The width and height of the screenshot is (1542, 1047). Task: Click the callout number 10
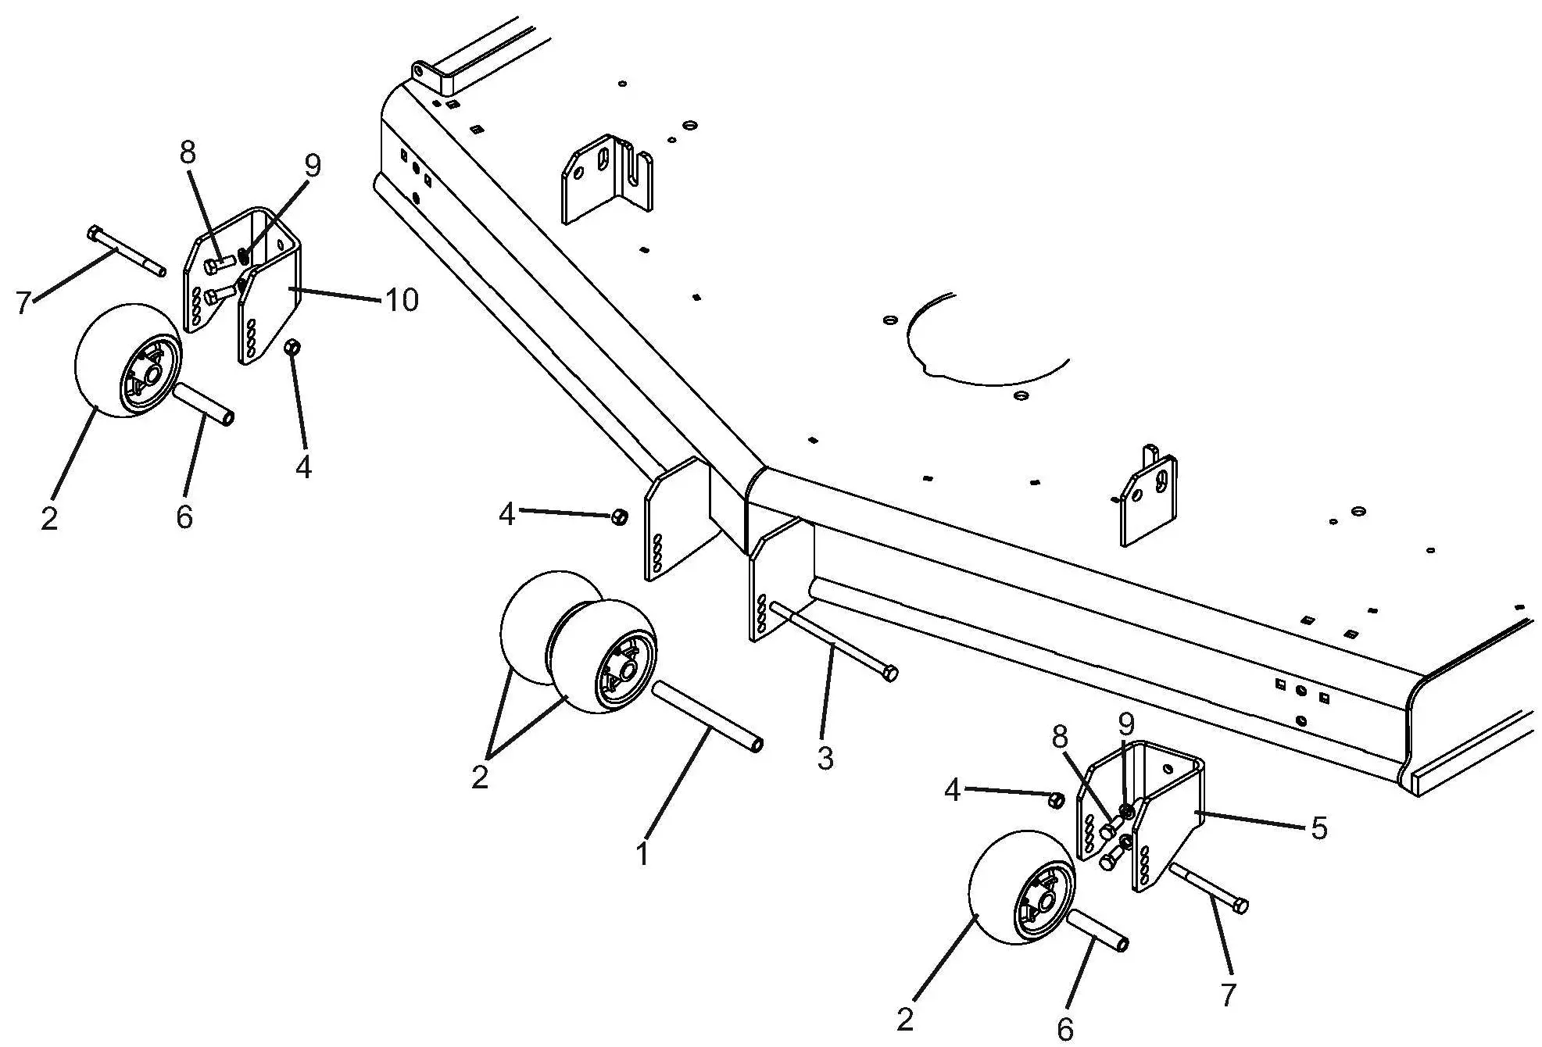(x=402, y=300)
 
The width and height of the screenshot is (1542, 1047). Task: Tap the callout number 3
(x=825, y=757)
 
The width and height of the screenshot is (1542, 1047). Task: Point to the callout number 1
(x=642, y=854)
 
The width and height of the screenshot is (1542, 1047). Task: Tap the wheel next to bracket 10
(x=127, y=361)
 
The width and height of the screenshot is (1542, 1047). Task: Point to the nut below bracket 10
(x=293, y=346)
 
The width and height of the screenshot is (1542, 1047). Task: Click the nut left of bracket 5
(x=1054, y=800)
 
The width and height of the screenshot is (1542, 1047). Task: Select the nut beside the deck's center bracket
(x=618, y=516)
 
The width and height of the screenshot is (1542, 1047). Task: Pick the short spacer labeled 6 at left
(x=202, y=402)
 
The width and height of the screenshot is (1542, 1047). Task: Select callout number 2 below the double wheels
(x=480, y=777)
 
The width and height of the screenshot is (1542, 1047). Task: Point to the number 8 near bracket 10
(x=188, y=152)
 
